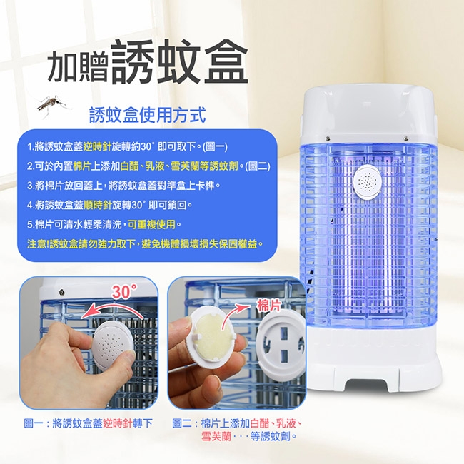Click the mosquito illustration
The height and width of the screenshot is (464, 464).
(53, 105)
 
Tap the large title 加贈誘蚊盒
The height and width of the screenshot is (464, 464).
(148, 63)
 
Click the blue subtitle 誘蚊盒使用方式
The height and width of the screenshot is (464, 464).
(148, 115)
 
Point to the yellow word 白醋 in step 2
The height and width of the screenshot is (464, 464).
(130, 166)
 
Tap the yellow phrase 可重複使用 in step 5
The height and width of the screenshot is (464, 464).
(152, 224)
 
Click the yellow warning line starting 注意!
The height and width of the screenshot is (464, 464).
(145, 244)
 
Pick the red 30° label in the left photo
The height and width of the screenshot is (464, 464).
(125, 292)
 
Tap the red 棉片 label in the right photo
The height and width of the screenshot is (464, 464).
(268, 306)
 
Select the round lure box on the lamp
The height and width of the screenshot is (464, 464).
(368, 181)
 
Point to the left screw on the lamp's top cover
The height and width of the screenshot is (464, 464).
(328, 138)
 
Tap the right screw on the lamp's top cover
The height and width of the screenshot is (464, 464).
(406, 138)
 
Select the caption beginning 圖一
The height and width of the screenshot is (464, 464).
(89, 423)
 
